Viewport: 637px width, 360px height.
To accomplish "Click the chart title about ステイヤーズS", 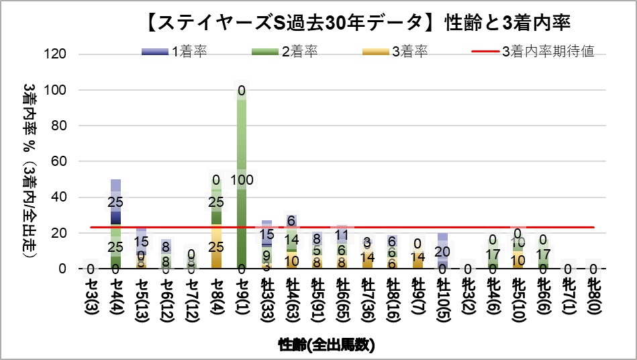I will (x=357, y=22).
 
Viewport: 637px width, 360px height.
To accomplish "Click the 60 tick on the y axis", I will (x=59, y=162).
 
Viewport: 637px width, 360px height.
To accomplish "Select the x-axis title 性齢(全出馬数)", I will (x=326, y=345).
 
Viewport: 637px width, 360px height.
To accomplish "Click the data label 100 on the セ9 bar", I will (x=242, y=180).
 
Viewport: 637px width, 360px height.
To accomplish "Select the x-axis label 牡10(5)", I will (x=442, y=302).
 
